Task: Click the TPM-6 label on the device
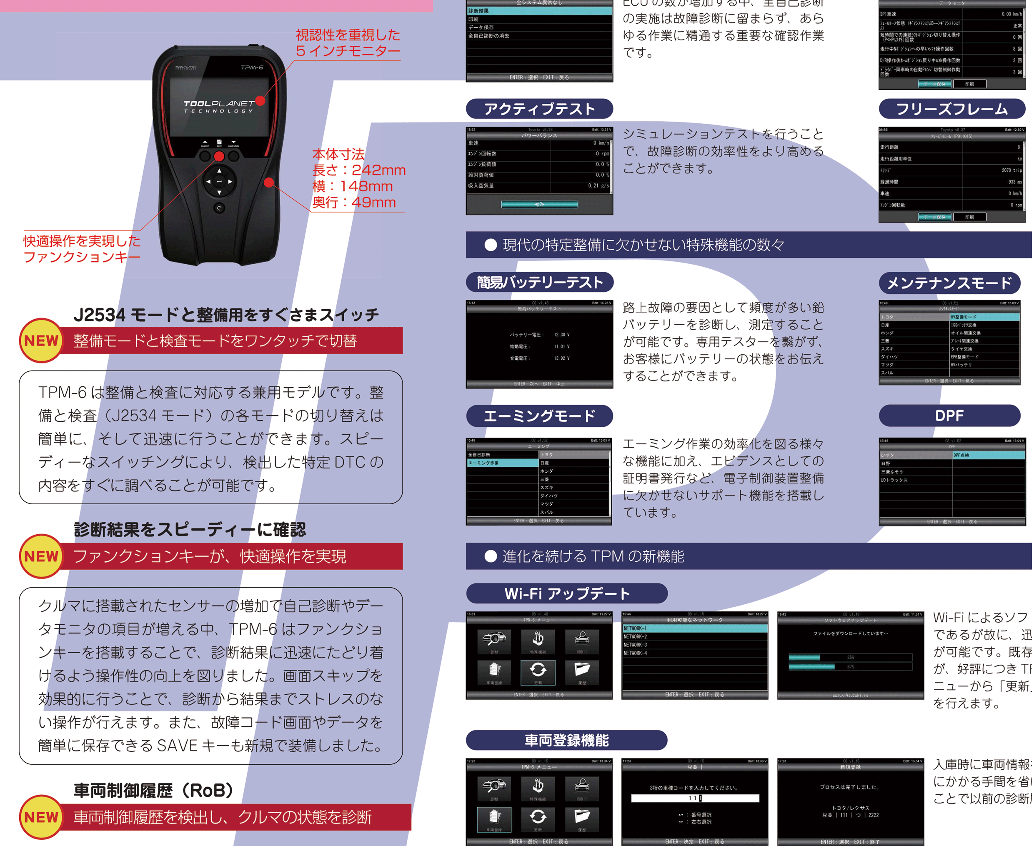[x=251, y=67]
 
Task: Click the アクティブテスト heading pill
[x=539, y=109]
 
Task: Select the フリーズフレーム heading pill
[x=951, y=109]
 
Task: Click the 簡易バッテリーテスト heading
[x=539, y=282]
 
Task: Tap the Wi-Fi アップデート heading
[x=566, y=593]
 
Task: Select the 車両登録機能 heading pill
[x=566, y=740]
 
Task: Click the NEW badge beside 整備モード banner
[x=41, y=340]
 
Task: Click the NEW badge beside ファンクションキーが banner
[x=41, y=556]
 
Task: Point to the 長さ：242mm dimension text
[x=359, y=170]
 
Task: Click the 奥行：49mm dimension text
[x=354, y=202]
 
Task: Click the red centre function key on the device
[x=219, y=156]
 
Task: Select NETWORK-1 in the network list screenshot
[x=636, y=628]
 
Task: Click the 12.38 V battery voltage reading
[x=561, y=335]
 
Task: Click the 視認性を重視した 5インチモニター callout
[x=348, y=43]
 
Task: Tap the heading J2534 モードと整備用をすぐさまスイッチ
[x=226, y=315]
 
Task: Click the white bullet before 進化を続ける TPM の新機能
[x=491, y=556]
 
